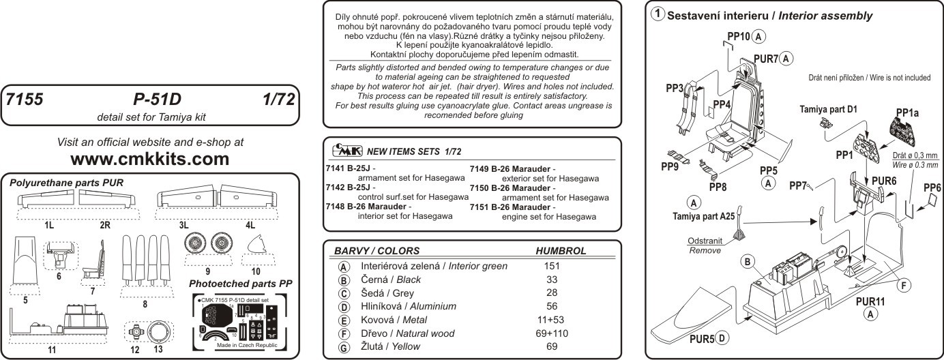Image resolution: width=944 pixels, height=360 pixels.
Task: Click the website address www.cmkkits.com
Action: point(150,160)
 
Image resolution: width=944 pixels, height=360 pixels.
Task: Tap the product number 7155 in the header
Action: point(24,100)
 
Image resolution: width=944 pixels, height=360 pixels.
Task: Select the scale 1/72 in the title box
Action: point(277,100)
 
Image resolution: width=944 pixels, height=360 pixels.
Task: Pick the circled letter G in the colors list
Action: point(344,347)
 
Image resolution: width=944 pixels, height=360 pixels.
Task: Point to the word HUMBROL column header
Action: point(561,251)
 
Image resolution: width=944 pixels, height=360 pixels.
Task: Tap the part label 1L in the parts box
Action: point(49,223)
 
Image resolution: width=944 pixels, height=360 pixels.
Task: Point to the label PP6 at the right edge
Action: point(932,187)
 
